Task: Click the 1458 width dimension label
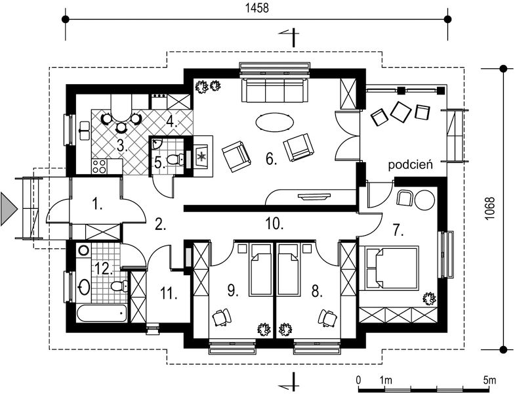click(257, 9)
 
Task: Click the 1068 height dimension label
click(489, 209)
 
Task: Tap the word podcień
click(410, 164)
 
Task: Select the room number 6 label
click(272, 159)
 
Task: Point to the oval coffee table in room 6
click(274, 121)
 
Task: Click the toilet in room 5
click(175, 160)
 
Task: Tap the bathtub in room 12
click(102, 313)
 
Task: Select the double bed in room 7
click(389, 268)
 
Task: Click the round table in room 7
click(424, 200)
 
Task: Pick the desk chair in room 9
click(221, 317)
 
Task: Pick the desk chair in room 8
click(328, 318)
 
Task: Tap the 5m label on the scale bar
click(489, 380)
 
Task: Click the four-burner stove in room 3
click(99, 166)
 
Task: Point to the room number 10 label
click(274, 224)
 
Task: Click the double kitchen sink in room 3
click(85, 130)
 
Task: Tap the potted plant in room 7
click(429, 298)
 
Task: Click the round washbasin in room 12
click(85, 287)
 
